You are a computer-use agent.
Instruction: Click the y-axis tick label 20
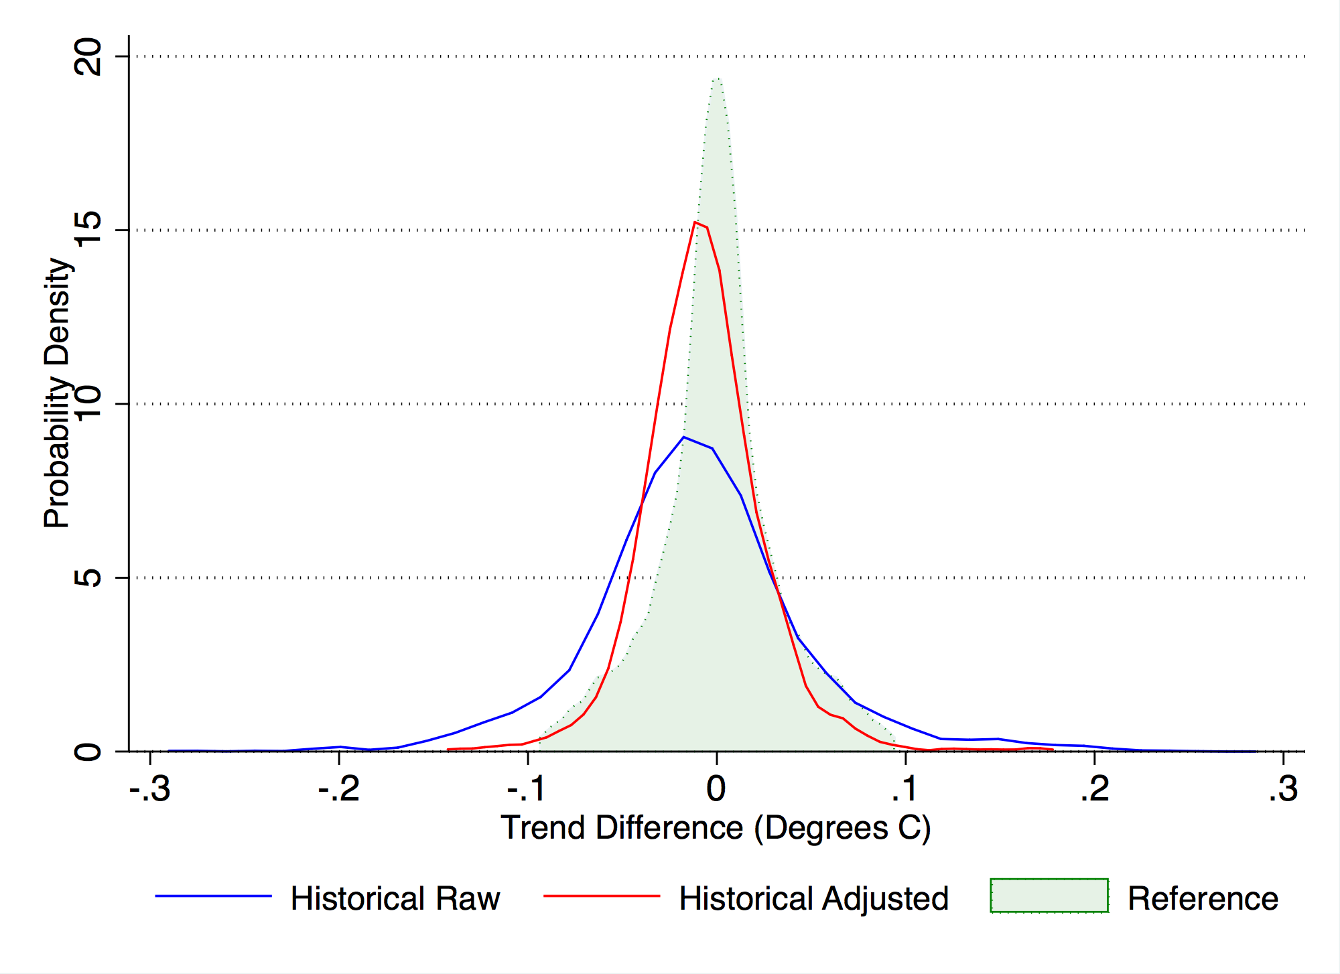point(89,57)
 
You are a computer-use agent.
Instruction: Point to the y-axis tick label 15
point(89,230)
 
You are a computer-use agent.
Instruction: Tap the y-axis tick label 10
point(89,403)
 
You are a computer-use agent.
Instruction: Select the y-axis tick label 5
point(89,577)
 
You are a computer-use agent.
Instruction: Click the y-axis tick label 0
point(89,751)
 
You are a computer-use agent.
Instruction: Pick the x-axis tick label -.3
point(149,789)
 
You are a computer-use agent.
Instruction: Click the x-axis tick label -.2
point(338,789)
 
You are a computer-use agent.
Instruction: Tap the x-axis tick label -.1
point(527,789)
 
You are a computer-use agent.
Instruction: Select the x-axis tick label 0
point(716,789)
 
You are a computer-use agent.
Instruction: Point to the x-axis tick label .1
point(904,789)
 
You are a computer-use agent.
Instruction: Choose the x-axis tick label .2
point(1094,789)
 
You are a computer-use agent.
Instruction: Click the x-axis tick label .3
point(1283,789)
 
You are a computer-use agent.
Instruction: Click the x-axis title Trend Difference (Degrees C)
point(716,828)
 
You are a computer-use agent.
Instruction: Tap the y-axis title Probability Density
point(58,393)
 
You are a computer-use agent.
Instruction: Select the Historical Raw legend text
point(395,898)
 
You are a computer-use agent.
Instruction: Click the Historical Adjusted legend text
point(813,898)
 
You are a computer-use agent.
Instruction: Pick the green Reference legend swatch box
point(1049,896)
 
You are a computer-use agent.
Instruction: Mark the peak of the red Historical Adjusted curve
point(695,222)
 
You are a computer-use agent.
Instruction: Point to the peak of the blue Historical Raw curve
point(683,437)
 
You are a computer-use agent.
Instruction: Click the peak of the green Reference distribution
point(718,78)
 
